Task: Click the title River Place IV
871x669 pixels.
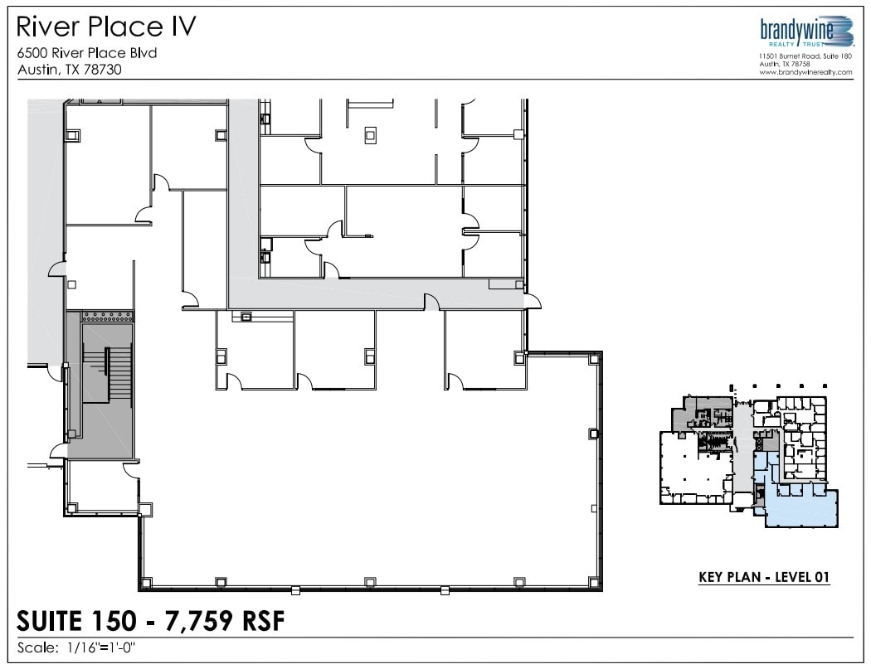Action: coord(107,27)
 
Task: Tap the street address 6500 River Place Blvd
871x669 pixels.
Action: coord(87,53)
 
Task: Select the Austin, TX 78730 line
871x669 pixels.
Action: coord(70,70)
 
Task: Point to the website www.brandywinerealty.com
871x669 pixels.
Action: coord(805,72)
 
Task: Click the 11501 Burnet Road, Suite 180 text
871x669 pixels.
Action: coord(805,56)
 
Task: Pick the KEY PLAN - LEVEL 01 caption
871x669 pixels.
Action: coord(764,578)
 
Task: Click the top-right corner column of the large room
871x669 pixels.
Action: coord(593,358)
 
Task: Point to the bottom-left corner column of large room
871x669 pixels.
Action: coord(147,582)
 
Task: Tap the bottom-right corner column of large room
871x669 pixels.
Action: coord(592,582)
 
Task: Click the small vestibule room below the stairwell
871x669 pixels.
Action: coord(103,485)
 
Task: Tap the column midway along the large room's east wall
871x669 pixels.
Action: coord(592,433)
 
